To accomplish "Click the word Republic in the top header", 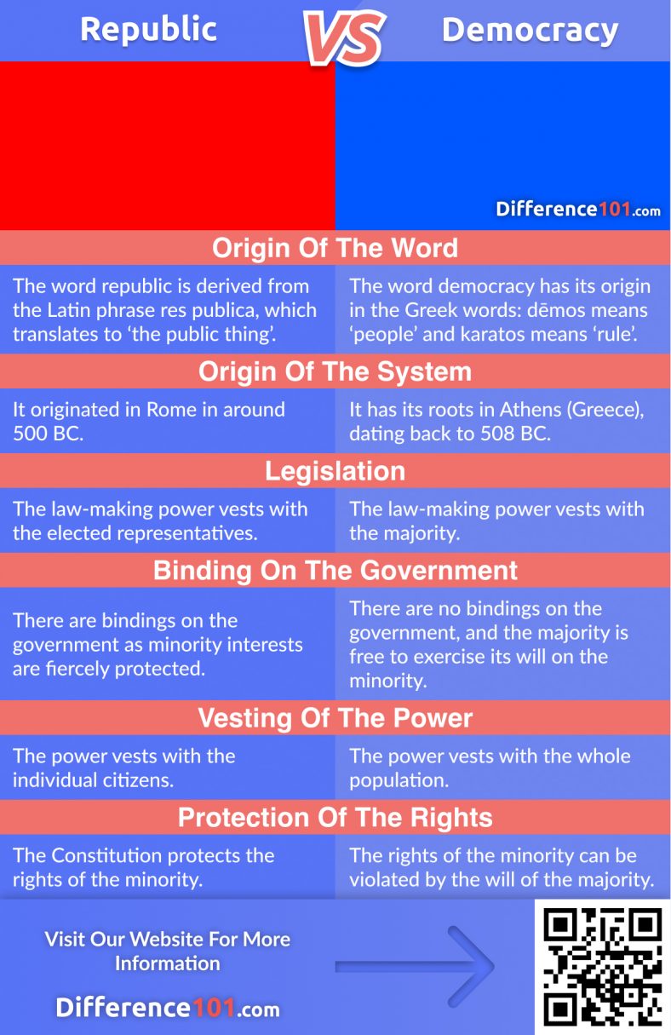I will coord(148,31).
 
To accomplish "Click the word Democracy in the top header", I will coord(530,31).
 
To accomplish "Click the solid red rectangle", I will coord(167,146).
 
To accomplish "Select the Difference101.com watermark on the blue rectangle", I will coord(578,210).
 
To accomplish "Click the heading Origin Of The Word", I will coord(335,248).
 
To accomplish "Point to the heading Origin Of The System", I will coord(335,372).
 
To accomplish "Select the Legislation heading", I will coord(335,471).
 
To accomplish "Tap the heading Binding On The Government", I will coord(335,570).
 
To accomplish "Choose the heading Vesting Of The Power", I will coord(335,718).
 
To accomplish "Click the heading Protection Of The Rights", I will coord(335,818).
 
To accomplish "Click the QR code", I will coord(603,966).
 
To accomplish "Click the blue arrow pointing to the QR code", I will coord(415,965).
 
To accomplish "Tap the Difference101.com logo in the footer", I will coord(167,1009).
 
